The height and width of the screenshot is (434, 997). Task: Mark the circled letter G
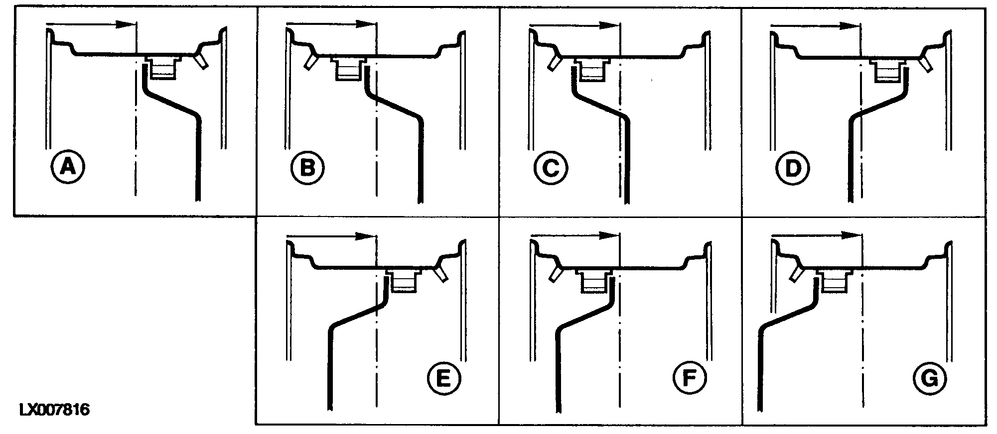(930, 380)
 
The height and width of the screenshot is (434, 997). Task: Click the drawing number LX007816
(54, 411)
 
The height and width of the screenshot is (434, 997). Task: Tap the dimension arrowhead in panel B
(366, 24)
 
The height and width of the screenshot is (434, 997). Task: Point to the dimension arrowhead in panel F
(608, 235)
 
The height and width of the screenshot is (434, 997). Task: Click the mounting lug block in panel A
(163, 67)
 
